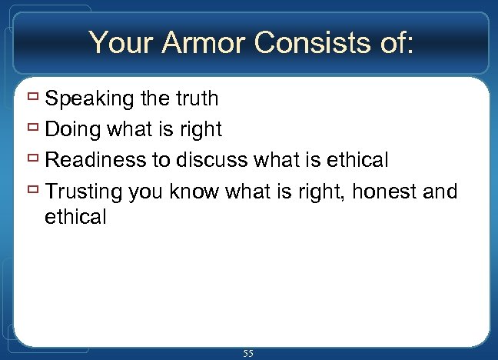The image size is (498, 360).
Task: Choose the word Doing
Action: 73,130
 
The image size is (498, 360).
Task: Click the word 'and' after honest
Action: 440,191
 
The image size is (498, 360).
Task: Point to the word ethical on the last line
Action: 75,217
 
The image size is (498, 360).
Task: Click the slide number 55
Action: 248,353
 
